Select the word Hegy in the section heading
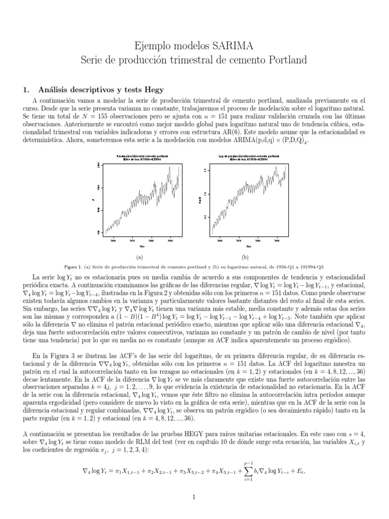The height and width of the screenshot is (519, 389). [x=154, y=90]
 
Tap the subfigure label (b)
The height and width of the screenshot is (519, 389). [x=245, y=257]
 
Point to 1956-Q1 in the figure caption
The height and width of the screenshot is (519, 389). [x=286, y=267]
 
